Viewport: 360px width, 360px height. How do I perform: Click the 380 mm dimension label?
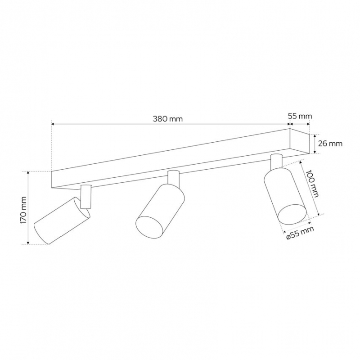pyautogui.click(x=168, y=119)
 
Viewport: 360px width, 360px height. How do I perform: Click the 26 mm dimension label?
pyautogui.click(x=330, y=144)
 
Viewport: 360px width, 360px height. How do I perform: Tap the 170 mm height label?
pyautogui.click(x=24, y=210)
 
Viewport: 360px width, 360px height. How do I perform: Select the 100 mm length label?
pyautogui.click(x=312, y=184)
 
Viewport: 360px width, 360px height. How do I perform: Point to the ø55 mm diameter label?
pyautogui.click(x=300, y=233)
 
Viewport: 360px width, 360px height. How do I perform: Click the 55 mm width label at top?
pyautogui.click(x=300, y=116)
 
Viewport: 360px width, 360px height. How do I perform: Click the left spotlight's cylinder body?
pyautogui.click(x=62, y=220)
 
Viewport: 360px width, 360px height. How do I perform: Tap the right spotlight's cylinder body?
pyautogui.click(x=285, y=196)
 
